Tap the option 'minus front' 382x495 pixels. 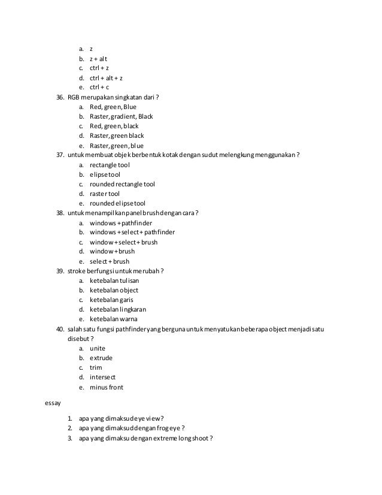coord(107,387)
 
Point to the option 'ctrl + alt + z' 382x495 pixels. coord(107,78)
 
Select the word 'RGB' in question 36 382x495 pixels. coord(74,97)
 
